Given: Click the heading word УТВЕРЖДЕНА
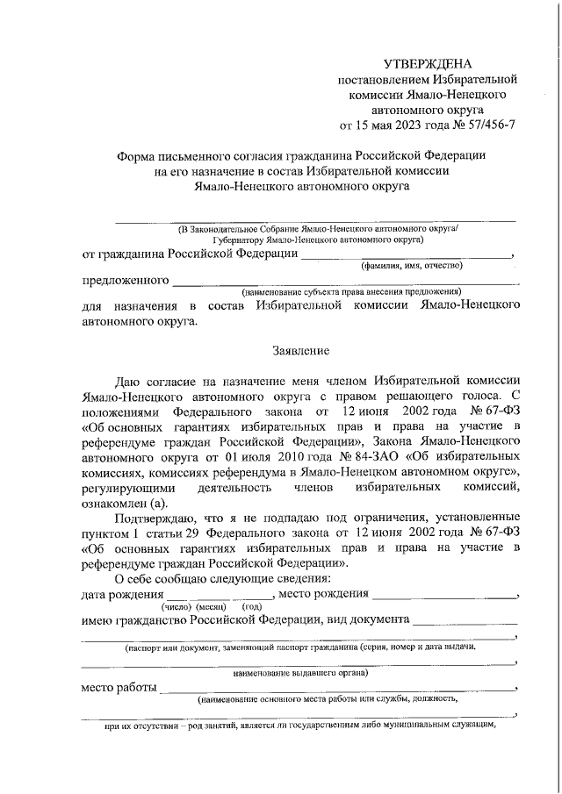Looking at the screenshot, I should [x=427, y=64].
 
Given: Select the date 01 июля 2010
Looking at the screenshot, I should [x=243, y=456].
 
